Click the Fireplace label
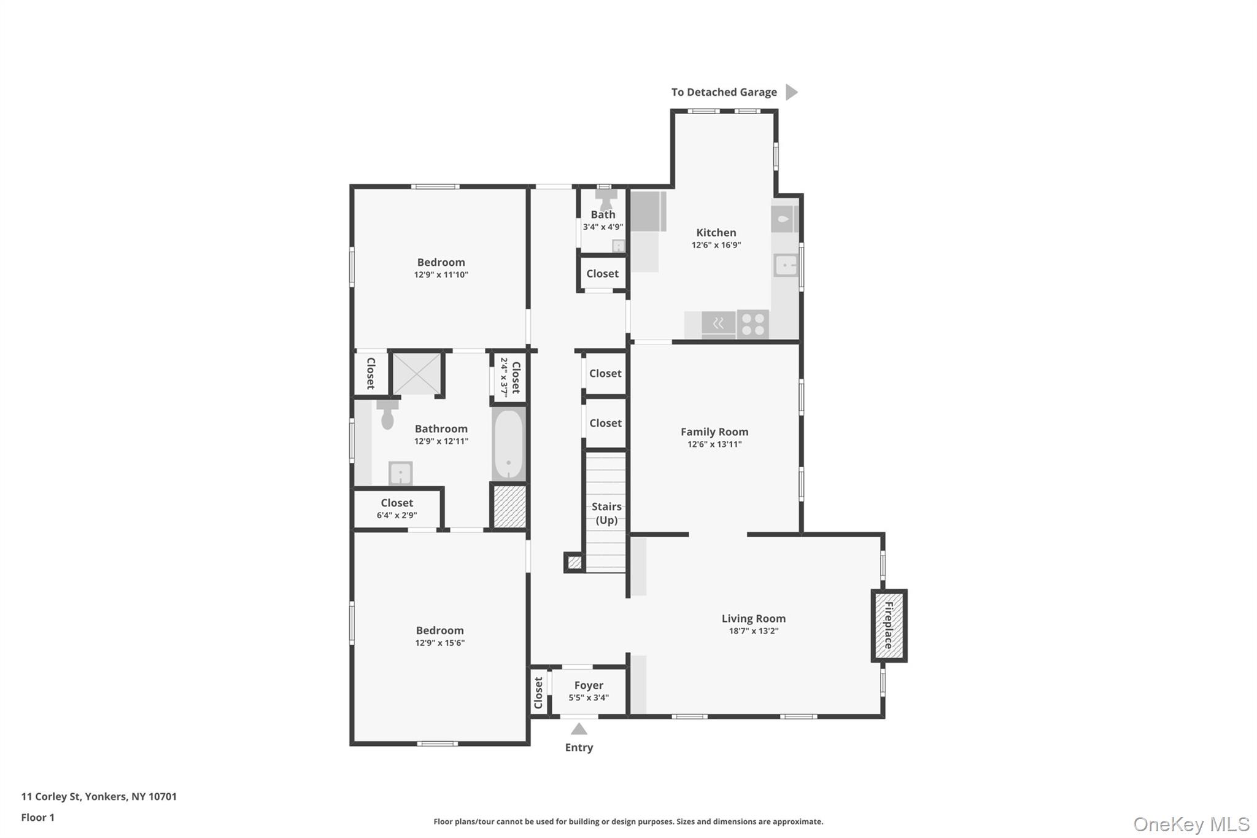888,626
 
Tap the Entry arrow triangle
579,729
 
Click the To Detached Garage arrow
792,92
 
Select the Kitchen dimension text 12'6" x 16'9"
716,245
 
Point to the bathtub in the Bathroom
509,444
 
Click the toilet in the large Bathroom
387,414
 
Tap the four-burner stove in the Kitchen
753,325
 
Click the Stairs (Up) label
606,513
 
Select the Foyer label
589,685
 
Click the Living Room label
754,618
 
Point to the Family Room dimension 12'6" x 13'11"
714,444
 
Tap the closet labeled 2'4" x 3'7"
509,377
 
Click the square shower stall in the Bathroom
417,374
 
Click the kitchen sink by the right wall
786,266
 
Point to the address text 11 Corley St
51,796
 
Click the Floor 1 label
37,817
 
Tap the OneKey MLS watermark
1191,824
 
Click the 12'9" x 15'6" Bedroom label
440,636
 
